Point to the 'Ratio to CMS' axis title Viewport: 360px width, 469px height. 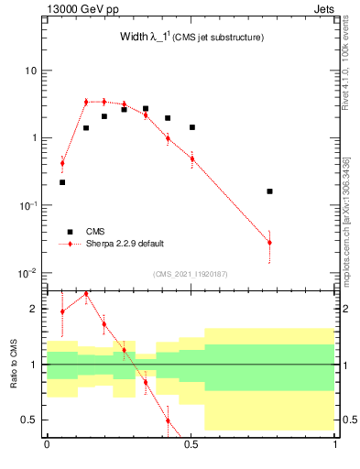[x=13, y=364]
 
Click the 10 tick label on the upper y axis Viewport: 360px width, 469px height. [x=30, y=71]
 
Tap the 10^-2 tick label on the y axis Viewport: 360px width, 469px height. [x=28, y=273]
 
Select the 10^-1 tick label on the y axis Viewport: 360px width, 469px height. [x=28, y=205]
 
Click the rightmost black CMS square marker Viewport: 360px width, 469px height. [x=269, y=191]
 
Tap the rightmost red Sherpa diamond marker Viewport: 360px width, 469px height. [x=269, y=243]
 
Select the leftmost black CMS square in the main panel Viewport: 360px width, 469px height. [x=62, y=182]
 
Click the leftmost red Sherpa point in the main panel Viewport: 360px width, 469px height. [x=62, y=164]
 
